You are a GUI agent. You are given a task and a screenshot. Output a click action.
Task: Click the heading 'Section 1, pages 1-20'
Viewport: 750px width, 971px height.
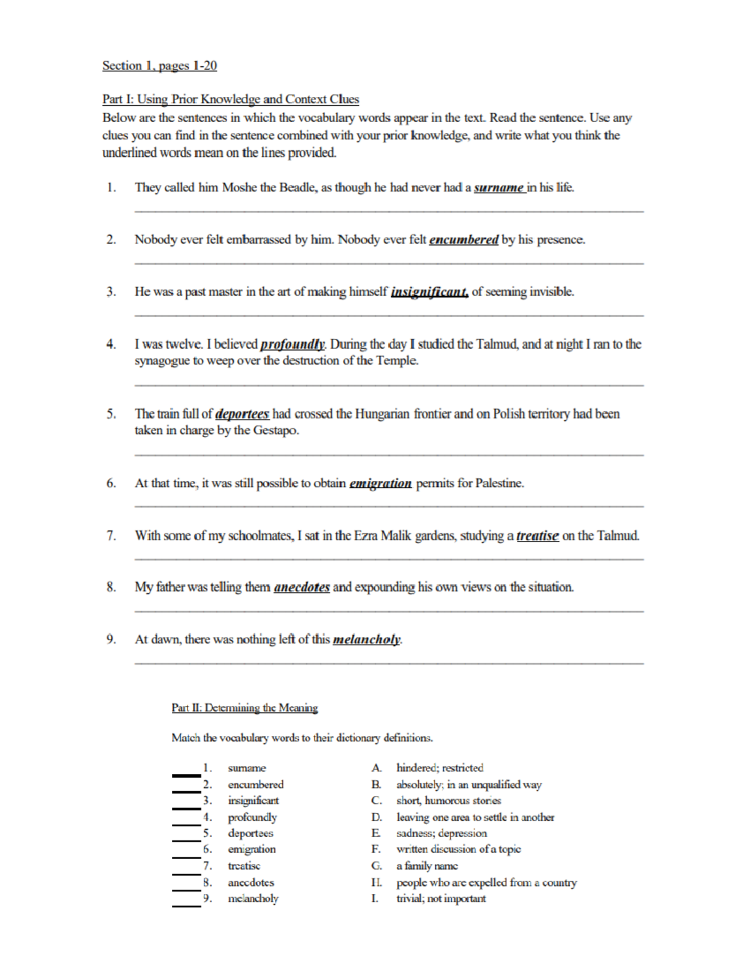point(159,66)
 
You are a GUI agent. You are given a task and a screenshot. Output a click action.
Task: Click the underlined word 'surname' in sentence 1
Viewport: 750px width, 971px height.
point(499,188)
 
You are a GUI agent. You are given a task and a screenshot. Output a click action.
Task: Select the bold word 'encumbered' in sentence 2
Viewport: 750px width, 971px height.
point(463,239)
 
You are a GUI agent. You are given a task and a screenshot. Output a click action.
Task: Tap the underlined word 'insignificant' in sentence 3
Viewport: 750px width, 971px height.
point(429,292)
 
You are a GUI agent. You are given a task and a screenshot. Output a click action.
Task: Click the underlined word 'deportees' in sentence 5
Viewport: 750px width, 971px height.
point(242,414)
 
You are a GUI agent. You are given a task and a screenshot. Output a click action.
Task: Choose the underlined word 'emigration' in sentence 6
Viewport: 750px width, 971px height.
point(380,483)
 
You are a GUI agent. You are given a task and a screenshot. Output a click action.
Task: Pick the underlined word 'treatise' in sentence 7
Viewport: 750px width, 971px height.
point(537,536)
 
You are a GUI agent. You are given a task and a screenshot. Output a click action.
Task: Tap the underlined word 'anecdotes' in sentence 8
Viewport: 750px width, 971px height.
point(301,587)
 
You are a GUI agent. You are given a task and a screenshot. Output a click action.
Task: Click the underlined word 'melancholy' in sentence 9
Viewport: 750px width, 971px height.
point(366,640)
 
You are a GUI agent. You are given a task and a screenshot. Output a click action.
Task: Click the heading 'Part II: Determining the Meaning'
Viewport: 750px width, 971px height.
point(244,708)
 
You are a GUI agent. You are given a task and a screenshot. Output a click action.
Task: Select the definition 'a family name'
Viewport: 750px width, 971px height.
point(427,866)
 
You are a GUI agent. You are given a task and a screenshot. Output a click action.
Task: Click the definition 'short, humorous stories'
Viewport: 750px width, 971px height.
point(448,801)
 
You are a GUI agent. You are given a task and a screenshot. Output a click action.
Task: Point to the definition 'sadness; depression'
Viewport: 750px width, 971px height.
point(441,833)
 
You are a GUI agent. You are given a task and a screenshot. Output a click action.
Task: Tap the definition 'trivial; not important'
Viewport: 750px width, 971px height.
point(441,898)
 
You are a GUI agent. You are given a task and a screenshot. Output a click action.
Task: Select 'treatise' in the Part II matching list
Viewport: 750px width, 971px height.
point(244,866)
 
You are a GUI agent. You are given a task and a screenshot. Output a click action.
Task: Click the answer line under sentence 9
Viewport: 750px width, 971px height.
point(389,663)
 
